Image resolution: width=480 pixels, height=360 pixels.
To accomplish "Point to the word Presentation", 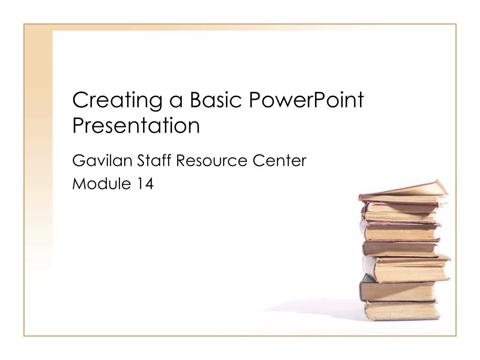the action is point(136,125).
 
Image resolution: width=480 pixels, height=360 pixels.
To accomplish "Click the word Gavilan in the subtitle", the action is point(102,160).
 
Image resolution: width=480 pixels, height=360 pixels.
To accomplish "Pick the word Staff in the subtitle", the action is point(154,160).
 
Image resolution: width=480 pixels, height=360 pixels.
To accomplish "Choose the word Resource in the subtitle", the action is point(211,161).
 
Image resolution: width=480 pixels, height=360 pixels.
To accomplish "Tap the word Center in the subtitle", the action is point(279,161).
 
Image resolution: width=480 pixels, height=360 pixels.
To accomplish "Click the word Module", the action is point(102,183).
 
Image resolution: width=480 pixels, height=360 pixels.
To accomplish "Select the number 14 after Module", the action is point(145,184).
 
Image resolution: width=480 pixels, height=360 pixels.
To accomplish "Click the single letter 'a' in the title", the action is point(176,101).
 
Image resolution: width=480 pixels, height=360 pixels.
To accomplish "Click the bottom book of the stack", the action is point(402,311).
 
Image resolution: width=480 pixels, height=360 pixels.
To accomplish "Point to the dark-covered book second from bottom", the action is point(397,290).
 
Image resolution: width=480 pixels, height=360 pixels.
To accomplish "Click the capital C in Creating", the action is point(81,99).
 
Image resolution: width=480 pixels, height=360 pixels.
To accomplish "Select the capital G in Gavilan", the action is point(79,160).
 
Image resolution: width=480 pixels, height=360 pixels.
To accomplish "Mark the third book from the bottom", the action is point(406,268).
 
